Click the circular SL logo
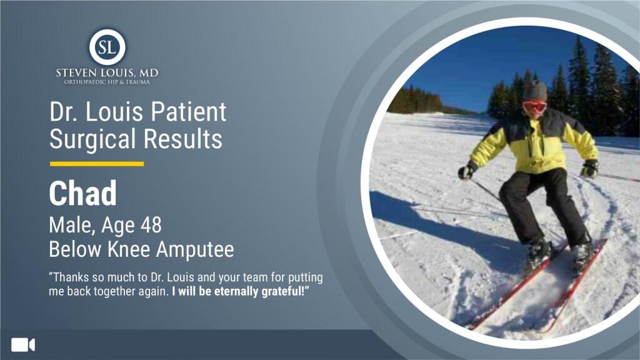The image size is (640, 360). (107, 47)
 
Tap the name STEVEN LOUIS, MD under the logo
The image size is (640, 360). (107, 74)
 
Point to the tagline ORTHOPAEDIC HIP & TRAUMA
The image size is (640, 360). (107, 82)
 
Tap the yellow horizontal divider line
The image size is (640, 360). (97, 164)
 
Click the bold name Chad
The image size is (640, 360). (83, 193)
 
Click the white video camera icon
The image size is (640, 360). (23, 345)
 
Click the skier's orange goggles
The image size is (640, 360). (535, 107)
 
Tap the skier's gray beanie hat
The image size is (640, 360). (536, 91)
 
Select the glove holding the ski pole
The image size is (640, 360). (466, 171)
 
